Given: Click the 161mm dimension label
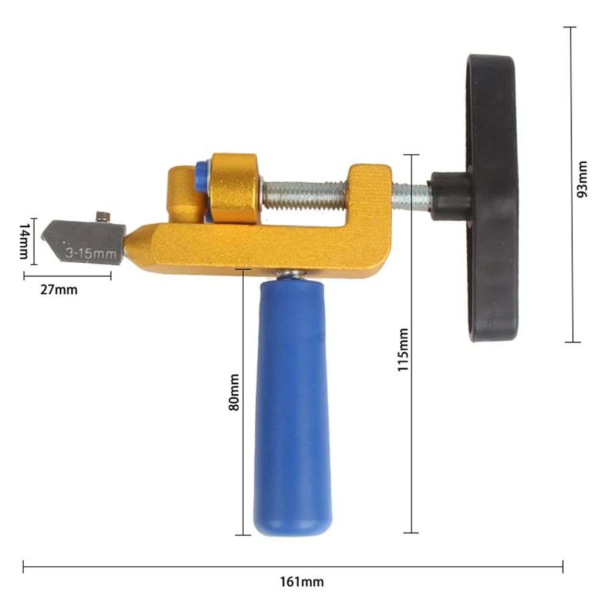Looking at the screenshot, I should pyautogui.click(x=302, y=581).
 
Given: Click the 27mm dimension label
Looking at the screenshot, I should pyautogui.click(x=59, y=289).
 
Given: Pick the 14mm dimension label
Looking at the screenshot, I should pyautogui.click(x=23, y=241).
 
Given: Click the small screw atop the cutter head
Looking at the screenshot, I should pyautogui.click(x=102, y=216).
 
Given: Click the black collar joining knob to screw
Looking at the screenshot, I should pyautogui.click(x=448, y=195).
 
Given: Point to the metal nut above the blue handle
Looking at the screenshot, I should pyautogui.click(x=291, y=276).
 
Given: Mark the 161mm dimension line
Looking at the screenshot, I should pyautogui.click(x=293, y=567).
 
